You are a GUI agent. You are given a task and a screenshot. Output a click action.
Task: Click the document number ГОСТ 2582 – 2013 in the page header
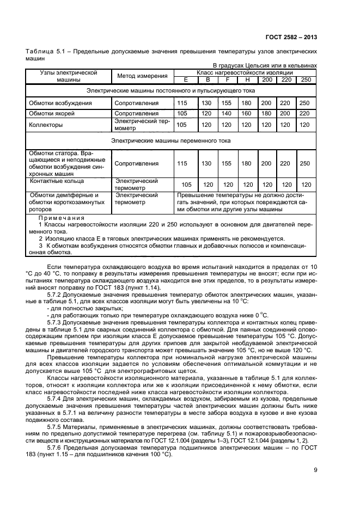(x=291, y=37)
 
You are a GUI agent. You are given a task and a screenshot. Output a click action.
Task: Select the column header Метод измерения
(x=142, y=76)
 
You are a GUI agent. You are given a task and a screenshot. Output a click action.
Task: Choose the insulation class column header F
(x=227, y=79)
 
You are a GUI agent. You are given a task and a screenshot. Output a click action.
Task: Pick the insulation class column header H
(x=247, y=79)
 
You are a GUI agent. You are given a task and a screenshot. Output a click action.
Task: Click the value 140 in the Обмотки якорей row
(x=227, y=114)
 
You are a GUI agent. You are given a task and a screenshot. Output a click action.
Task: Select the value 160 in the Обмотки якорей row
(x=247, y=114)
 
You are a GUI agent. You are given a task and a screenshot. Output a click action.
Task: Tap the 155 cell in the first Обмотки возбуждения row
(x=227, y=103)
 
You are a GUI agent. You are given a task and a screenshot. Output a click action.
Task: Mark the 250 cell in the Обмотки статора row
(x=304, y=163)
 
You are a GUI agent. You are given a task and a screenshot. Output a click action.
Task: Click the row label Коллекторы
(x=46, y=125)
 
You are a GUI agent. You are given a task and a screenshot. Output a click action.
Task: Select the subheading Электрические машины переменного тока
(x=171, y=140)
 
